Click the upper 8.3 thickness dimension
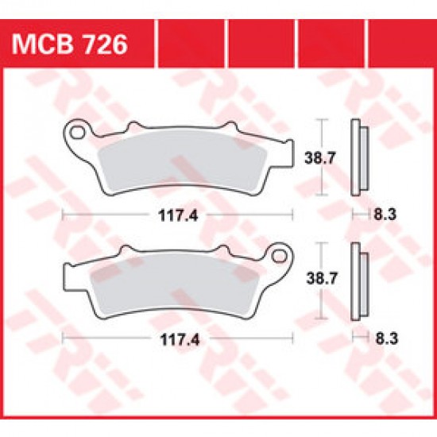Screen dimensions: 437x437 click(x=381, y=215)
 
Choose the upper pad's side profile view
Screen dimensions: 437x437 click(x=357, y=157)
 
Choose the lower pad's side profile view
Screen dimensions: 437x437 click(x=357, y=280)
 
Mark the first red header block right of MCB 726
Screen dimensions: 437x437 click(x=191, y=43)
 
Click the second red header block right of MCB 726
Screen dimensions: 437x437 click(x=260, y=43)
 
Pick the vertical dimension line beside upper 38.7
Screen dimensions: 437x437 click(x=320, y=157)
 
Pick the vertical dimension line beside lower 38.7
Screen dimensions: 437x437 click(x=320, y=280)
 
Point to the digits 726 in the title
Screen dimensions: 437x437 click(x=106, y=43)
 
